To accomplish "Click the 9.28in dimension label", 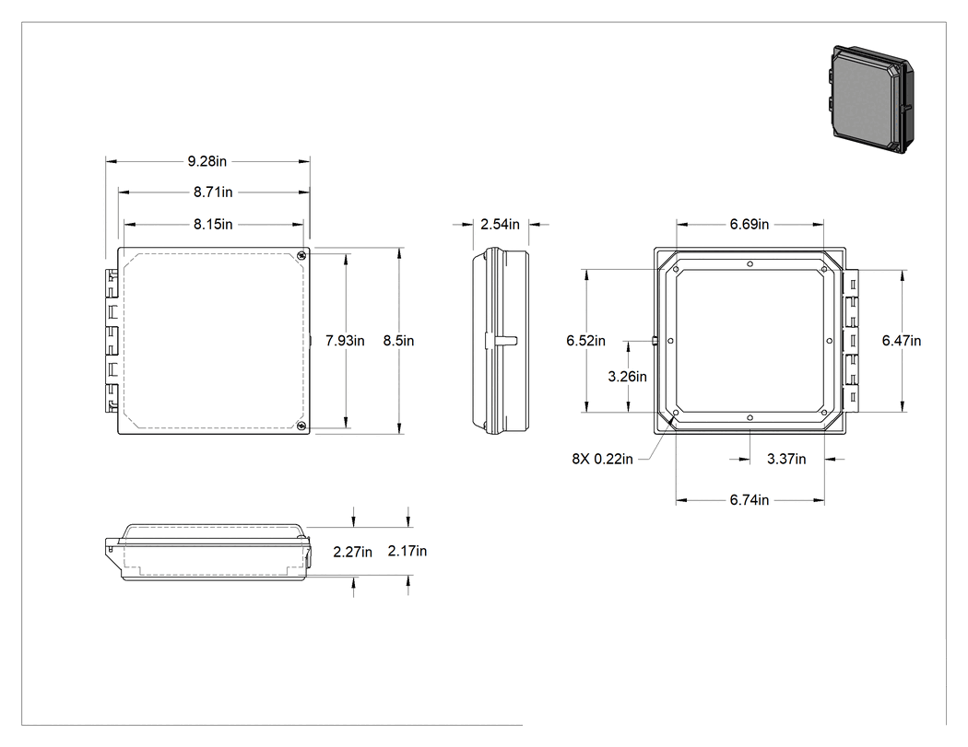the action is point(207,161).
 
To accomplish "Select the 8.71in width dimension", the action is point(213,193).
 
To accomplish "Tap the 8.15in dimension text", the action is point(213,225).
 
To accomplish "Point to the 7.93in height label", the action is point(345,341).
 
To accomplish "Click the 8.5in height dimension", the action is point(399,341).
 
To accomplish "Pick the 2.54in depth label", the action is point(500,225).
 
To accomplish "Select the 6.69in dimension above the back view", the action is point(750,225).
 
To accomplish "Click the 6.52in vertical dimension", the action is point(585,341).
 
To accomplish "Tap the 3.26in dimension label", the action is point(627,377).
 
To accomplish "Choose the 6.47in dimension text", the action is point(902,341).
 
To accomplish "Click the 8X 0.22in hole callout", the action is point(603,460).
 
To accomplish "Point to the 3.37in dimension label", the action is point(786,460).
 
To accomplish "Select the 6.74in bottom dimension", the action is point(750,500).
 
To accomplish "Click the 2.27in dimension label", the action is point(352,553).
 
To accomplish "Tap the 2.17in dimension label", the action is point(407,552).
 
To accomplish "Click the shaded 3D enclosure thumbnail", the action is point(870,99).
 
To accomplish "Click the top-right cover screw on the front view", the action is point(301,255).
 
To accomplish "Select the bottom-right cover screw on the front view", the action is point(301,426).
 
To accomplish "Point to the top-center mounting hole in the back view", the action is point(750,264).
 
